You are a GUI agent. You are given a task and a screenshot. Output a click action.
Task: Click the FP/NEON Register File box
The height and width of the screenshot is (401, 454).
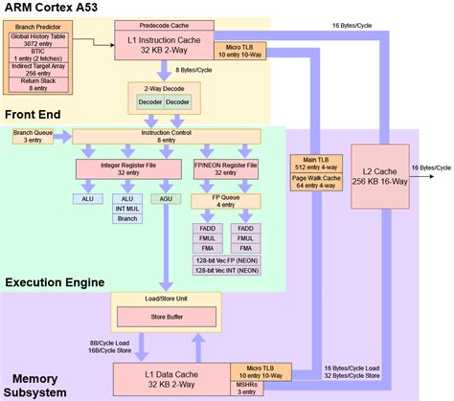click(226, 167)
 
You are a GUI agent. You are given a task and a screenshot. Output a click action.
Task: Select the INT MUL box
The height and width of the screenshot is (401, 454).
click(126, 208)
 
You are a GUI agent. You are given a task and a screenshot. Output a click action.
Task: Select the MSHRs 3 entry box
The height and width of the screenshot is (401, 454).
click(245, 387)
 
